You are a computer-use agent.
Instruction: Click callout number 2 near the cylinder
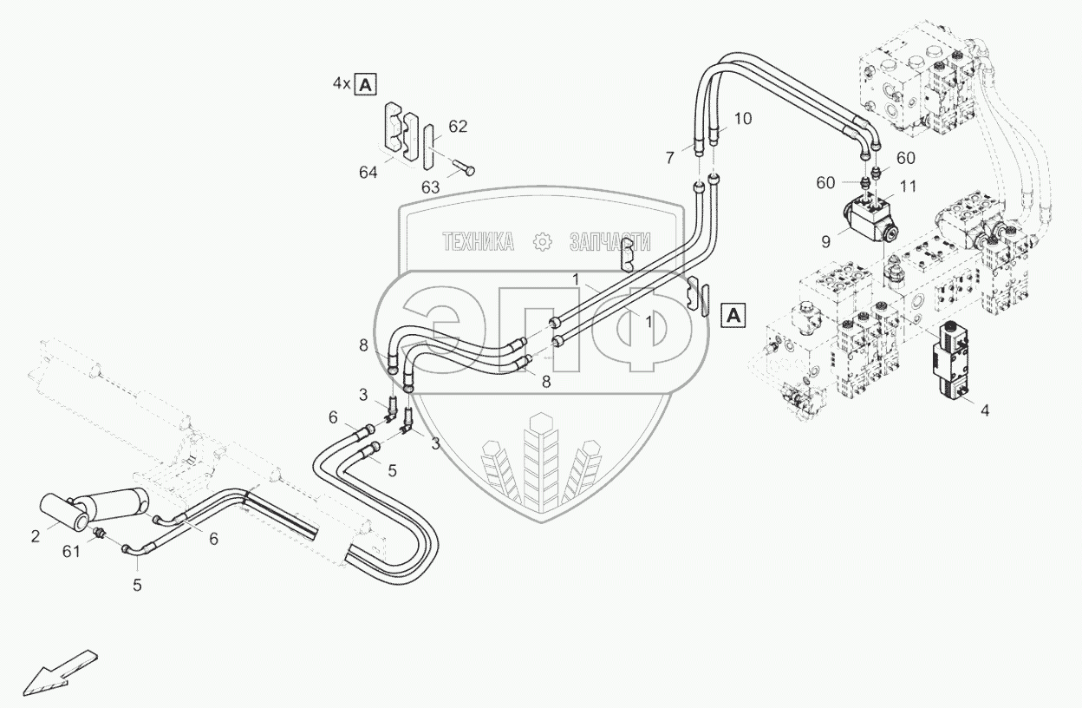(x=36, y=536)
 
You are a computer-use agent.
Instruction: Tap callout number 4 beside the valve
(x=985, y=408)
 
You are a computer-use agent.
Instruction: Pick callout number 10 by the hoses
(x=743, y=118)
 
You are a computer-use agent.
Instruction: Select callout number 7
(x=670, y=157)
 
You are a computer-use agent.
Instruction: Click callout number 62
(x=458, y=127)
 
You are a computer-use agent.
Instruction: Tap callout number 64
(x=368, y=174)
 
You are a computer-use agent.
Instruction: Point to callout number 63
(x=430, y=186)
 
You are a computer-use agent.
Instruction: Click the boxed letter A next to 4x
(x=367, y=84)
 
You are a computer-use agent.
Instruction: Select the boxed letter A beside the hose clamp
(x=733, y=315)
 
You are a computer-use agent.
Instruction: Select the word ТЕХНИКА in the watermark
(x=479, y=243)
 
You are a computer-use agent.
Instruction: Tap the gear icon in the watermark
(x=543, y=243)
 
